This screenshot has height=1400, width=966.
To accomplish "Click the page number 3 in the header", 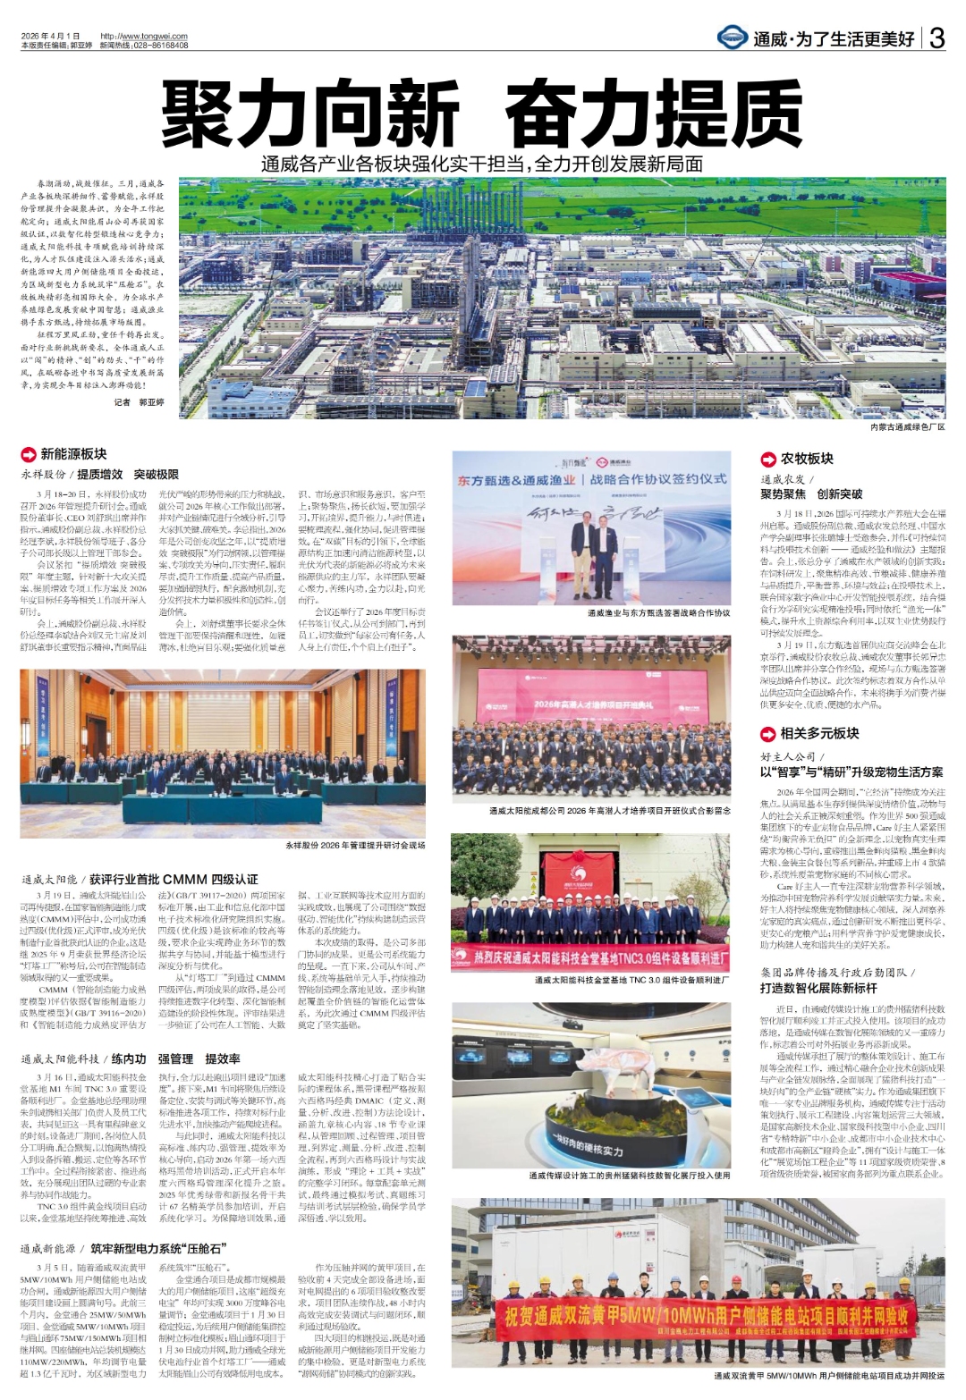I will [x=936, y=38].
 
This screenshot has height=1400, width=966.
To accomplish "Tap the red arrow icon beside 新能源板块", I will [x=28, y=455].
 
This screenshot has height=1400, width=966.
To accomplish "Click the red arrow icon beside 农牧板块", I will [x=767, y=460].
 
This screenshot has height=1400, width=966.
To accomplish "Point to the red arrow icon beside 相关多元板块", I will [x=767, y=734].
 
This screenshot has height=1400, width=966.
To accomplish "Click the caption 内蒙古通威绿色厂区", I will [x=907, y=427].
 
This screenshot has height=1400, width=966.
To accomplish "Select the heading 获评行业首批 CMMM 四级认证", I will [x=174, y=880].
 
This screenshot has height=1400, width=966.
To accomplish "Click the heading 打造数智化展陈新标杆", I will [x=818, y=988].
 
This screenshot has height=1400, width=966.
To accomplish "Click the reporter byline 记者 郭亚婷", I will [x=140, y=402].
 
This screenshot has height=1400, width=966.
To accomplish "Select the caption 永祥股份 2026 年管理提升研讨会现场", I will [x=355, y=845].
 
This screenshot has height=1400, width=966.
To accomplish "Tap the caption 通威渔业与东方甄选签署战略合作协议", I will [x=658, y=613].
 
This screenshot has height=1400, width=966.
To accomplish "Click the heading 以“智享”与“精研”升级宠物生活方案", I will [x=852, y=772].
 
